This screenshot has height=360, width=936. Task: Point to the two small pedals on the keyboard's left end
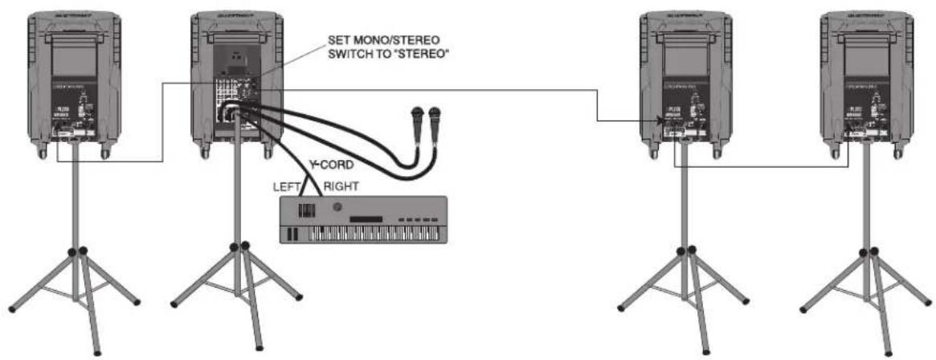(289, 234)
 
